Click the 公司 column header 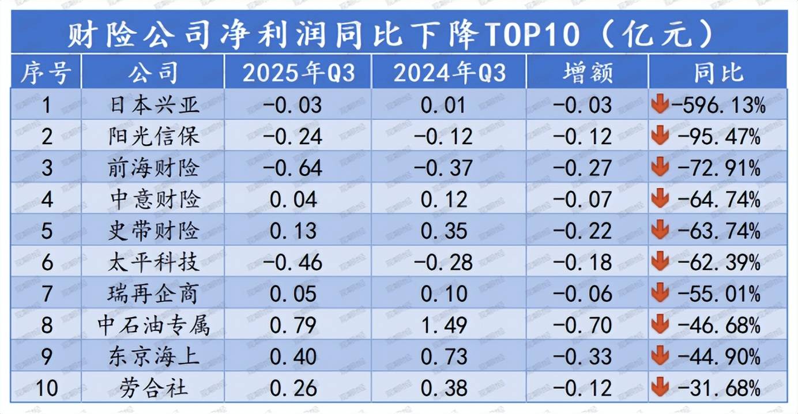tap(153, 73)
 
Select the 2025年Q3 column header tap(298, 73)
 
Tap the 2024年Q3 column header tap(449, 73)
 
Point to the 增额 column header tap(588, 73)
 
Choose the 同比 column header tap(718, 73)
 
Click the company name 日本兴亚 tap(155, 105)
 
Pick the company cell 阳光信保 tap(155, 136)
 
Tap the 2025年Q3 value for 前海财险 tap(292, 168)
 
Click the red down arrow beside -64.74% tap(659, 199)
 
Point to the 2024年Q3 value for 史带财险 tap(443, 231)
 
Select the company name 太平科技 tap(155, 262)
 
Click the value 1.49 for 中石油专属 tap(443, 325)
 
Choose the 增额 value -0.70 tap(582, 325)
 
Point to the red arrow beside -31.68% tap(659, 387)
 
